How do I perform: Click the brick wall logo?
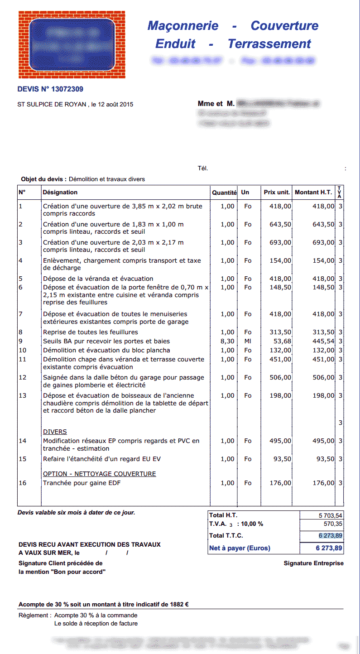[72, 45]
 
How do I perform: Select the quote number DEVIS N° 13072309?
[50, 89]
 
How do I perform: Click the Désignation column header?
[60, 192]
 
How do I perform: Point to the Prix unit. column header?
[277, 192]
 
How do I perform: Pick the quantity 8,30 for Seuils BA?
[228, 341]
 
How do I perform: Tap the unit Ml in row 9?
[248, 341]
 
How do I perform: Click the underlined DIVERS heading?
[55, 432]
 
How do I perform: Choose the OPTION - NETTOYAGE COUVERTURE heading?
[99, 474]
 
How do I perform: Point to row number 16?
[23, 483]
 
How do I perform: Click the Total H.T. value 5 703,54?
[331, 515]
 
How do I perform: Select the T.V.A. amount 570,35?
[333, 524]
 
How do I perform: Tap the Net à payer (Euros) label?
[240, 548]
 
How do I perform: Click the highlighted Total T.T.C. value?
[331, 536]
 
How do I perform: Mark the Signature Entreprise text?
[313, 563]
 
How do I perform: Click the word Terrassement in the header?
[269, 44]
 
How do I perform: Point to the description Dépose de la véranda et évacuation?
[98, 279]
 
